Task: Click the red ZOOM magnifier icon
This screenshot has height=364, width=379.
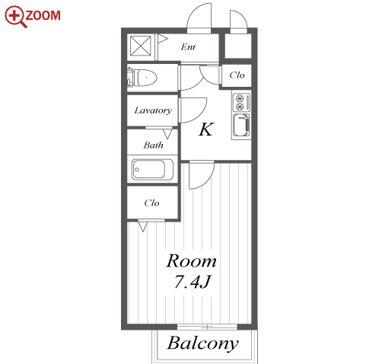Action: [x=15, y=16]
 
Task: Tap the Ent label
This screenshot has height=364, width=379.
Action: [x=188, y=47]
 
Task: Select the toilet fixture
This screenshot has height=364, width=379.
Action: [x=142, y=77]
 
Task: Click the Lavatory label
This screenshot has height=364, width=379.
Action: [x=153, y=110]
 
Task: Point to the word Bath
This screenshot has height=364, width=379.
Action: [x=153, y=145]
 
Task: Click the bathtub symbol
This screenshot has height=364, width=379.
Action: [x=152, y=169]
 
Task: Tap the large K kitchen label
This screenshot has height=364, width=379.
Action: [x=206, y=129]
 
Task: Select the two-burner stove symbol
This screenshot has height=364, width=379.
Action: [x=241, y=102]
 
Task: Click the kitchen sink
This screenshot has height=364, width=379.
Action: [x=241, y=126]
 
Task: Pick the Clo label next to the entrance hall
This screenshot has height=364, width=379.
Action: [x=237, y=75]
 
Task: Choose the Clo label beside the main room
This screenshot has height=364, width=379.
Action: [x=151, y=203]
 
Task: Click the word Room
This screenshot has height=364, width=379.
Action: [x=191, y=261]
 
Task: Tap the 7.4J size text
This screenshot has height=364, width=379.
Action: [x=193, y=282]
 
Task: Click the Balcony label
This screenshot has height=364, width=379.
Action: [x=203, y=343]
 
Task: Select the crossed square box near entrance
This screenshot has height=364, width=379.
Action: [x=141, y=46]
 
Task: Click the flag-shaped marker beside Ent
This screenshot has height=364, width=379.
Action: [x=163, y=39]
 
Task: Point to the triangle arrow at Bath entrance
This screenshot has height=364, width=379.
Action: [x=167, y=134]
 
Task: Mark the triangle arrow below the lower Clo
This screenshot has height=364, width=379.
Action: [x=143, y=227]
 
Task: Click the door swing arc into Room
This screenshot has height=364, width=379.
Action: [x=207, y=180]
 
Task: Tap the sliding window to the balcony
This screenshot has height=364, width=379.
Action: [x=207, y=327]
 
